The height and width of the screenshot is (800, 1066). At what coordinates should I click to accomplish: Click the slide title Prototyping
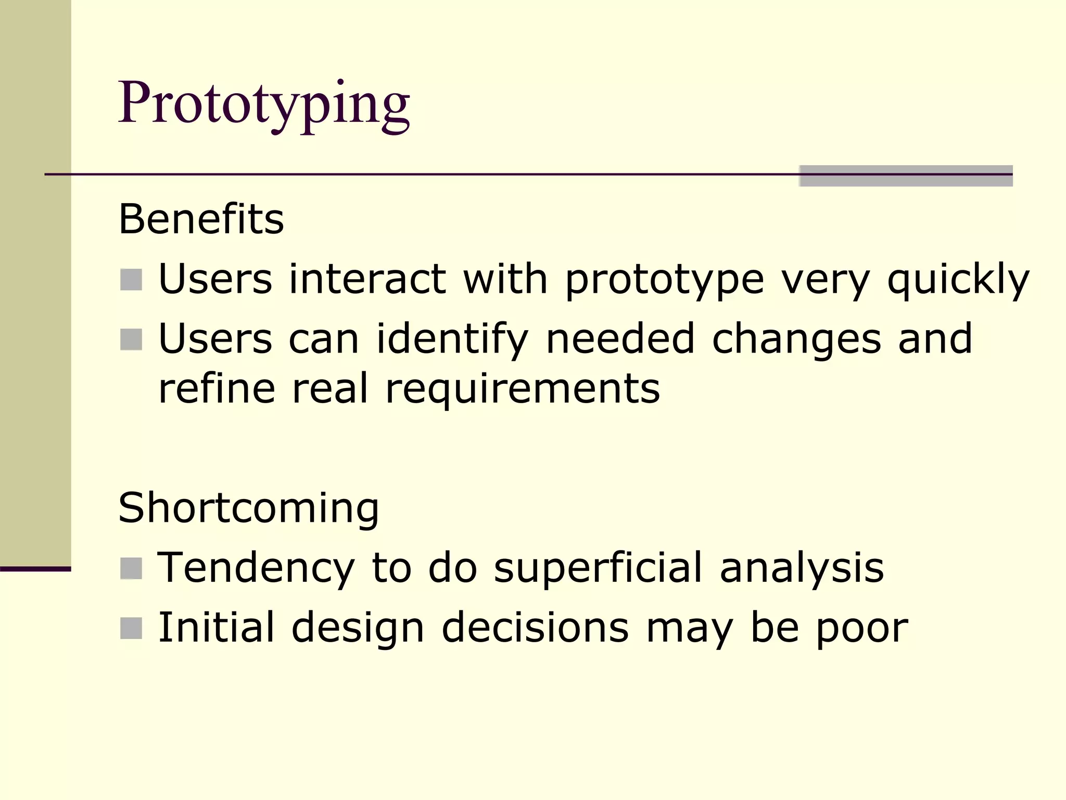(264, 104)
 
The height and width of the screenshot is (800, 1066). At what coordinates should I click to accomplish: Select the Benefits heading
(201, 219)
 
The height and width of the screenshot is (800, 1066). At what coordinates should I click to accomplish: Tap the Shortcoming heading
(249, 508)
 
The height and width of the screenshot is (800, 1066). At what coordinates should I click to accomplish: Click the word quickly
(958, 280)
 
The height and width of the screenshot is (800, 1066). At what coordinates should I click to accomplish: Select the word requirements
(522, 389)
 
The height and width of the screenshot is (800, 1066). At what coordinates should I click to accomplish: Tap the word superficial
(598, 568)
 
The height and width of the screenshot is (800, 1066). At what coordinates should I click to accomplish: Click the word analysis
(802, 568)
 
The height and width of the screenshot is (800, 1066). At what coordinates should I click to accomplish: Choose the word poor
(862, 628)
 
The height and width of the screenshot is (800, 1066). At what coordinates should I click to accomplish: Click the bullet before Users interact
(131, 280)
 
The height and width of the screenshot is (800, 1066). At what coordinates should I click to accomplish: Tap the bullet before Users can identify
(131, 340)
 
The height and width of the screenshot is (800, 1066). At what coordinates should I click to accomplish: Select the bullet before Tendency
(131, 568)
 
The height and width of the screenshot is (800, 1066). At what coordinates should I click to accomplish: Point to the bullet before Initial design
(131, 628)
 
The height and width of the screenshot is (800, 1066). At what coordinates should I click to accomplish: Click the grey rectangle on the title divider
(906, 176)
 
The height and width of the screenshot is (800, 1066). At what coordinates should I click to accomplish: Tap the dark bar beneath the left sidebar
(35, 569)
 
